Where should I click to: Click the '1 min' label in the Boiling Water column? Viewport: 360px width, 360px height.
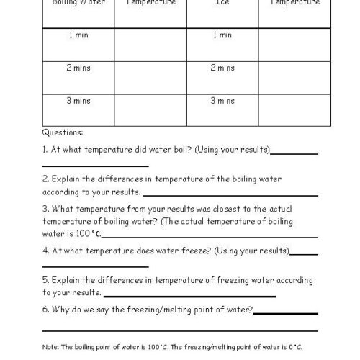click(x=78, y=35)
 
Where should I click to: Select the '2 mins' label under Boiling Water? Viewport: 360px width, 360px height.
click(x=78, y=68)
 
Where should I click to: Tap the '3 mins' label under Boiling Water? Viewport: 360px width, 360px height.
click(x=78, y=101)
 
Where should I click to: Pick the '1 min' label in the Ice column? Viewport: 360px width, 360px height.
click(x=222, y=35)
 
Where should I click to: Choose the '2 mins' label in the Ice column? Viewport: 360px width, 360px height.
click(x=222, y=68)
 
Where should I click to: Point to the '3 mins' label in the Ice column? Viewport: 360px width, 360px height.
click(x=222, y=101)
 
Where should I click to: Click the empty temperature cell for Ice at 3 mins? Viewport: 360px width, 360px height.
click(x=294, y=109)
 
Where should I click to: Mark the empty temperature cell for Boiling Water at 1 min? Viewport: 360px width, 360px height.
click(x=150, y=45)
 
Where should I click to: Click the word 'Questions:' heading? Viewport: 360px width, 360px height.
click(x=63, y=132)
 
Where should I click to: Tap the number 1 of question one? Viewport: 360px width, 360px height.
click(x=45, y=150)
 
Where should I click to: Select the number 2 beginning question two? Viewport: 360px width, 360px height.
click(x=45, y=178)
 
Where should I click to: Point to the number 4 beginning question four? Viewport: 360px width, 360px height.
click(x=45, y=251)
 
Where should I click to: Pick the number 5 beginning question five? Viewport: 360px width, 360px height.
click(x=45, y=279)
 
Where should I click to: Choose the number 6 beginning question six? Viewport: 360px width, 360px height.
click(x=45, y=309)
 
